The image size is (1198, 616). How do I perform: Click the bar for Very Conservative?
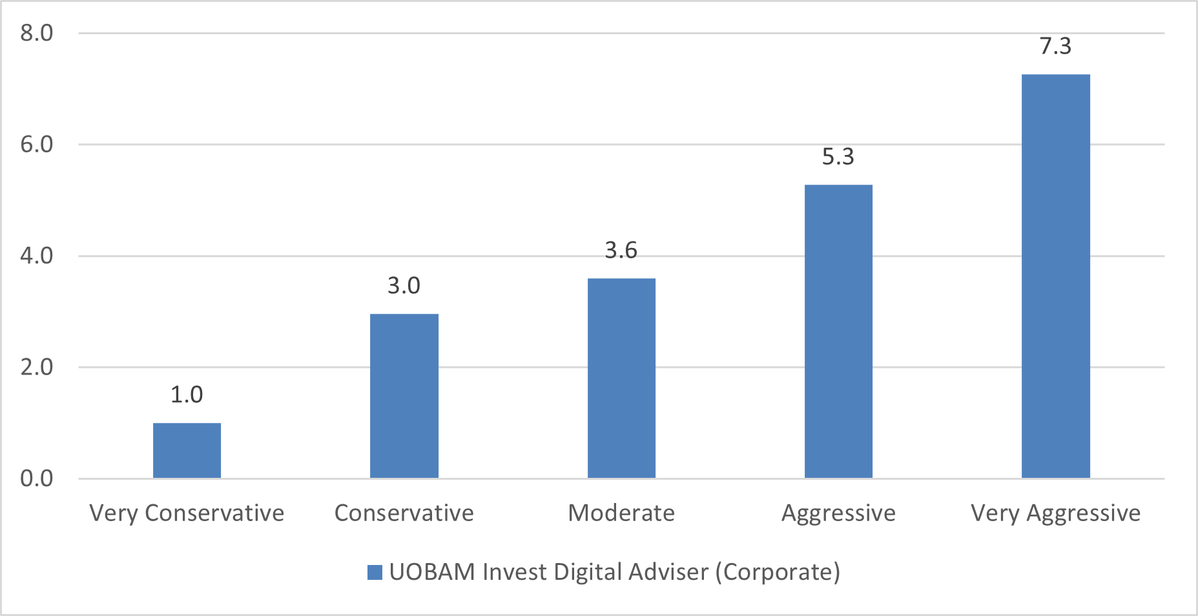coord(187,451)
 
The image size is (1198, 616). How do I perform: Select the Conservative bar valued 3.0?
coord(404,396)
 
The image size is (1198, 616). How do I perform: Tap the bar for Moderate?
coord(621,378)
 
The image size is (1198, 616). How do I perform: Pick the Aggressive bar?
coord(838,331)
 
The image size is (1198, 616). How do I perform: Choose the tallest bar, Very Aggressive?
coord(1056,276)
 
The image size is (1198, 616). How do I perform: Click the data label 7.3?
coord(1056,46)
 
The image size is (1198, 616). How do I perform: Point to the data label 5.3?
coord(838,157)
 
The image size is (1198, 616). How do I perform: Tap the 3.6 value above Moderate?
coord(621,251)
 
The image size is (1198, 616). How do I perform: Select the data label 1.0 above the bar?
coord(187,395)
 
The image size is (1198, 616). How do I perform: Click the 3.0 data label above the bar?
coord(404,285)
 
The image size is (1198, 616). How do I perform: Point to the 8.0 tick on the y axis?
coord(37,33)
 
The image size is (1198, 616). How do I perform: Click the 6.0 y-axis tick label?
coord(37,144)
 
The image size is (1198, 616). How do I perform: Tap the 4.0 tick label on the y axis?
coord(37,256)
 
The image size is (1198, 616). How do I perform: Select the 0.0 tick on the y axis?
coord(37,478)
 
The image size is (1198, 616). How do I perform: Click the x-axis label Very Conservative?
coord(187,513)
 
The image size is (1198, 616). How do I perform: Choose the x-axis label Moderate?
coord(621,513)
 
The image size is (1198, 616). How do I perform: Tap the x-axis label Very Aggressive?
coord(1056,513)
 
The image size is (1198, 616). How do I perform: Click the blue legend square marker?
coord(375,572)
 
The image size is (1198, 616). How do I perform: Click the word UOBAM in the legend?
coord(432,572)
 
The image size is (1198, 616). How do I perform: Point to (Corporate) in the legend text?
coord(778,572)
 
